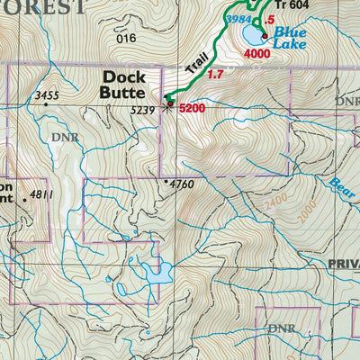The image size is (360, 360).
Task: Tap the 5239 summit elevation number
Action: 144,110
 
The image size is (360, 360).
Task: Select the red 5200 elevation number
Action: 193,109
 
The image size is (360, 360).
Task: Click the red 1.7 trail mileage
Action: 215,75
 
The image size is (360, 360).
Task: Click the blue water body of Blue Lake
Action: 253,35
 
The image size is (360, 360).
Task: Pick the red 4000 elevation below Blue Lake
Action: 257,54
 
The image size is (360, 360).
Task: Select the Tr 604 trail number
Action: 292,4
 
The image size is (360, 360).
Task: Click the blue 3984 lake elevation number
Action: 238,20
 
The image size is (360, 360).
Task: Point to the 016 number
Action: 125,38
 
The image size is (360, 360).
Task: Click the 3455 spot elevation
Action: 47,94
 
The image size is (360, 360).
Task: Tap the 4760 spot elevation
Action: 181,184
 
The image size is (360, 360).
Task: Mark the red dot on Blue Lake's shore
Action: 264,36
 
